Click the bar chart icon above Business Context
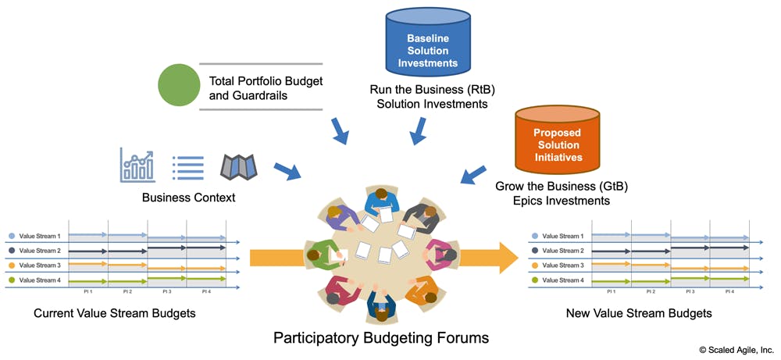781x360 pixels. (137, 166)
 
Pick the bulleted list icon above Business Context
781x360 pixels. (187, 166)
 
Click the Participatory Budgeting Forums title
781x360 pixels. (381, 338)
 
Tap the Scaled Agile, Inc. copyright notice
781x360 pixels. (736, 350)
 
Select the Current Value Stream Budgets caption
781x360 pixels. (115, 313)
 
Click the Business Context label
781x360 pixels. (188, 198)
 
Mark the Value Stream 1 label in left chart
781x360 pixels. (39, 236)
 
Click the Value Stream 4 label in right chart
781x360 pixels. (562, 280)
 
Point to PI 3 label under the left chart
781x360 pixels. (166, 291)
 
